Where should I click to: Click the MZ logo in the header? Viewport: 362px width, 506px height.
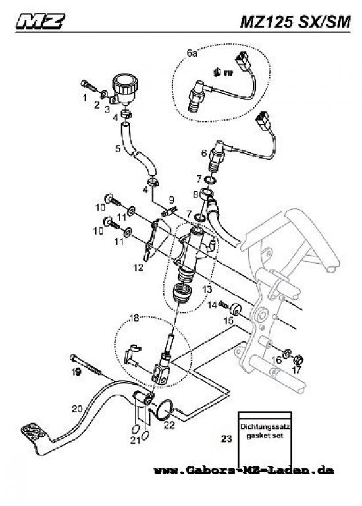[40, 21]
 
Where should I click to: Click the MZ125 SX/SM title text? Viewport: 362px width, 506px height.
[295, 22]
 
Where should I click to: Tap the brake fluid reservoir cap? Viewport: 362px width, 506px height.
[125, 83]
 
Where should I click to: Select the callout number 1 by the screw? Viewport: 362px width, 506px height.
[84, 97]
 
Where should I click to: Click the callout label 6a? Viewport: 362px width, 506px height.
[192, 53]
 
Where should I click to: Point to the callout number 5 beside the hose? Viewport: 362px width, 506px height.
[118, 148]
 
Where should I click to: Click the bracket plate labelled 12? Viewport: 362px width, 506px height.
[157, 239]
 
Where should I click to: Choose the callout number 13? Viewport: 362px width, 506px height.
[207, 289]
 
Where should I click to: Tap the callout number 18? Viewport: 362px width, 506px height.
[134, 318]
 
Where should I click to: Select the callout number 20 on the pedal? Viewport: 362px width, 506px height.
[78, 409]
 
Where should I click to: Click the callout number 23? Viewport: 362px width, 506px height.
[226, 439]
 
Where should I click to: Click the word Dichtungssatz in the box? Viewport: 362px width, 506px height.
[265, 427]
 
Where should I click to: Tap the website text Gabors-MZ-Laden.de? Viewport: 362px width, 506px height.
[244, 470]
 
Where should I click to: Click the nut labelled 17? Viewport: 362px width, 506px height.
[298, 359]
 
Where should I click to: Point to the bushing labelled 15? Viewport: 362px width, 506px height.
[236, 309]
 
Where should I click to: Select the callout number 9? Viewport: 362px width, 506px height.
[172, 200]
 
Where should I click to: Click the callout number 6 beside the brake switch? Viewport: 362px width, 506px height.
[204, 153]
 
